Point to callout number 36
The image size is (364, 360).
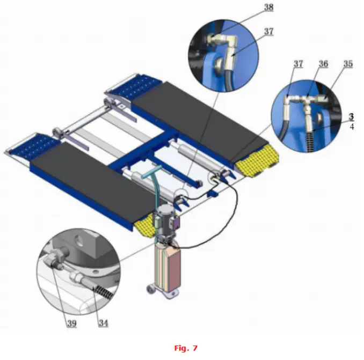coord(323,64)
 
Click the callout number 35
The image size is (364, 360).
coord(348,64)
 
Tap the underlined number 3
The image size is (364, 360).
coord(351,116)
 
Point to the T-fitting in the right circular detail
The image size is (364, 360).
coord(309,102)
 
